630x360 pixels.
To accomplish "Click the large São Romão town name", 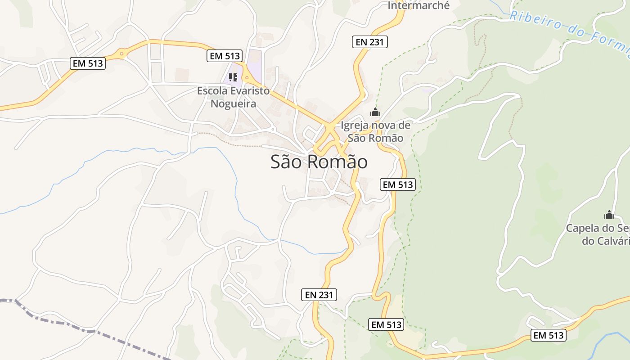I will coord(319,162).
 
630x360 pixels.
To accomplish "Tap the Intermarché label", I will coord(418,6).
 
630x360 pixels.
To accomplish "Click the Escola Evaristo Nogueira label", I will coord(233,97).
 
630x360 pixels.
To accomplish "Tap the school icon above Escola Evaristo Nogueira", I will coord(233,77).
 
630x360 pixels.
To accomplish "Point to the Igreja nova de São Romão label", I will coord(375,131).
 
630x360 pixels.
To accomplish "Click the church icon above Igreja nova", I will coord(375,112).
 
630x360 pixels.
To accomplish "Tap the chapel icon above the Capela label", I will coord(609,215).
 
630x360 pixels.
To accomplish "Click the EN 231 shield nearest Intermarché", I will coord(369,42).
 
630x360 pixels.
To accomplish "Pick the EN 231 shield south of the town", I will coord(319,295).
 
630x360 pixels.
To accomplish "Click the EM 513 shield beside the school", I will coord(225,56).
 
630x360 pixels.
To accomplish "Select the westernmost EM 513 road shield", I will coord(88,63).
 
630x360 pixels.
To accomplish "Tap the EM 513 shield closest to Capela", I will coord(548,335).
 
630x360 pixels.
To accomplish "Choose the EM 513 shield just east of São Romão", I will coord(397,184).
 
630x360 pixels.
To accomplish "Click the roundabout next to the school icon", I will coord(247,77).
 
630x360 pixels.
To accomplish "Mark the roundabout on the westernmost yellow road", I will coord(121,54).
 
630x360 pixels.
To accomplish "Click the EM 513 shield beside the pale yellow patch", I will coord(386,324).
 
